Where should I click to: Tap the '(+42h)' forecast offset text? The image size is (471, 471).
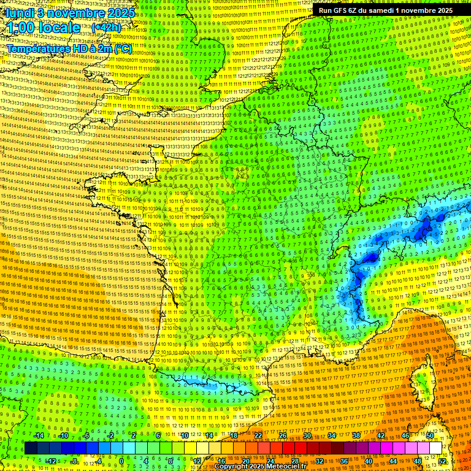point(106,27)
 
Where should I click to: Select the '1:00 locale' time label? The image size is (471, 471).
point(43,28)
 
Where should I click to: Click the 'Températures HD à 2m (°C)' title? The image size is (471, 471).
point(69,48)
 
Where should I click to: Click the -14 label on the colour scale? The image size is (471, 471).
point(39,436)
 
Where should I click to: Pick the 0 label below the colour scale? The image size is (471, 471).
point(121,461)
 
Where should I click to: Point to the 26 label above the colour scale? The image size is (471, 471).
point(283,436)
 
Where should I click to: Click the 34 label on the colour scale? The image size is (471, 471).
point(332,436)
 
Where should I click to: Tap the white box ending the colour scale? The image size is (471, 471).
point(435,448)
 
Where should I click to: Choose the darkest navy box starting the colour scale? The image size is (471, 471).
point(31,448)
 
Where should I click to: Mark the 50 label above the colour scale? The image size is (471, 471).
point(430,436)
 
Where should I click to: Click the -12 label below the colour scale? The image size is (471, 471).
point(52,461)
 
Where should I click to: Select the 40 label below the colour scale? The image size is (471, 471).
point(369,461)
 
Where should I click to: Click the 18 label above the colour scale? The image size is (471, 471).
point(233,436)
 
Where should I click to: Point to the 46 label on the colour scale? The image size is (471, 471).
point(405,436)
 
